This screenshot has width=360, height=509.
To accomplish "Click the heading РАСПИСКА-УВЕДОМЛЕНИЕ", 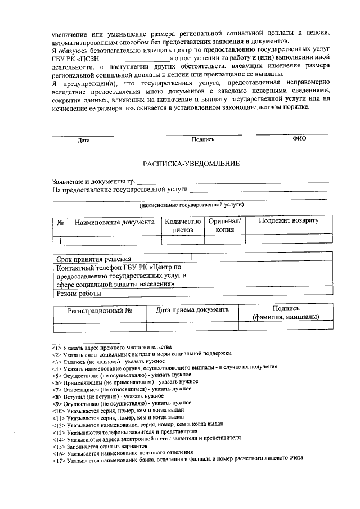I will [191, 163].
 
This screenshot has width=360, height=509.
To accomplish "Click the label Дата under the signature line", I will [83, 141].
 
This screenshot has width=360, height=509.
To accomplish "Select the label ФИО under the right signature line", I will [299, 139].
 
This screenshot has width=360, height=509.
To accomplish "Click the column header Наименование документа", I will [114, 222].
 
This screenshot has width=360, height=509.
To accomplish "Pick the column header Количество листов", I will [183, 226].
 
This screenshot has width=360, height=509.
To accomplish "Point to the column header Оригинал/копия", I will [224, 226].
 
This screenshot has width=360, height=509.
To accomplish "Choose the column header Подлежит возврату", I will [288, 221].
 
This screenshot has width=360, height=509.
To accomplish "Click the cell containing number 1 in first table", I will [60, 241].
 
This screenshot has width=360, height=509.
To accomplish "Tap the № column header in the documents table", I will [60, 223].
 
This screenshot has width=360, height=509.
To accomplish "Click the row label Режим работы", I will [79, 294].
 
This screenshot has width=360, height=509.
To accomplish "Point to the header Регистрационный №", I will [100, 310].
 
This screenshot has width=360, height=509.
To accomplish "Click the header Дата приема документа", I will [192, 310].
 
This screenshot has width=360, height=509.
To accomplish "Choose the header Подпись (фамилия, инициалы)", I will [286, 313].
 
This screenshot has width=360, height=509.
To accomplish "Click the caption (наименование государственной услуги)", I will [192, 206].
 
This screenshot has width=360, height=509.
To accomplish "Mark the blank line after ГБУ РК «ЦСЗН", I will [135, 58].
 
